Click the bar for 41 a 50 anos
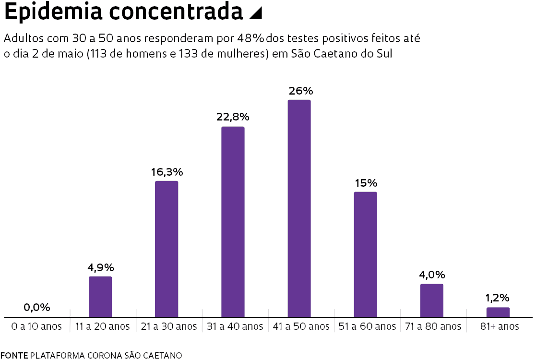point(299,208)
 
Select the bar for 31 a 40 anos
point(233,222)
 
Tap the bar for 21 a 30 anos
point(167,249)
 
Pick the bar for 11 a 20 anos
point(100,297)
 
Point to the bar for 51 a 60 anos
point(366,254)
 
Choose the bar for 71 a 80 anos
point(432,300)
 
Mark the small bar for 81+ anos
point(498,312)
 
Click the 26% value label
point(300,91)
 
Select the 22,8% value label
point(234,117)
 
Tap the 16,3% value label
point(167,172)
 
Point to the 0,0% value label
point(37,308)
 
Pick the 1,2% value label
point(497,298)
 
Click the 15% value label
point(366,183)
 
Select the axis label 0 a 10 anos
point(36,326)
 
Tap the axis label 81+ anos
point(499,326)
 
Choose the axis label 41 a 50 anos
point(300,326)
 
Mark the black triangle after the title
point(256,14)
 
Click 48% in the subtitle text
point(250,38)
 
